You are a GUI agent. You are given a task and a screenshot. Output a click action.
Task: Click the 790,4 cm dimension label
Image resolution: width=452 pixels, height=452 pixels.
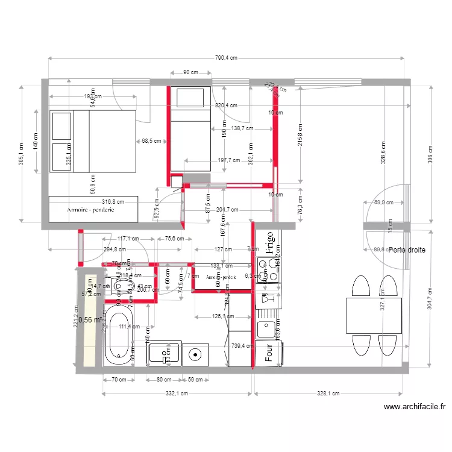226,58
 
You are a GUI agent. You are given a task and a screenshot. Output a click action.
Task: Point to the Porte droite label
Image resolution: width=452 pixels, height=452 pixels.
407,250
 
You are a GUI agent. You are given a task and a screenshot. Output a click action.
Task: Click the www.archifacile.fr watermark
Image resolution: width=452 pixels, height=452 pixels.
414,407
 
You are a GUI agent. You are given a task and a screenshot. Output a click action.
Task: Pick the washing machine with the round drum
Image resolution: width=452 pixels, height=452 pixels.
195,354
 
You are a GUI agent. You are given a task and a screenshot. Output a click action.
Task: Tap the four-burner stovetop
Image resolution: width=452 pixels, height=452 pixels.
269,270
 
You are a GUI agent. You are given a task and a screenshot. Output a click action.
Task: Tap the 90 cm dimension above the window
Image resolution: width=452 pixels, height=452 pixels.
190,72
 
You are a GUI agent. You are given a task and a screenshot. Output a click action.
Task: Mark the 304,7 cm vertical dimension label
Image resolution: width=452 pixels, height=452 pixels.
429,298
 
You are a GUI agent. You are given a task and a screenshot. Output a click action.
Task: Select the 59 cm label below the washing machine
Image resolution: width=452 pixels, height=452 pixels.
195,380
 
